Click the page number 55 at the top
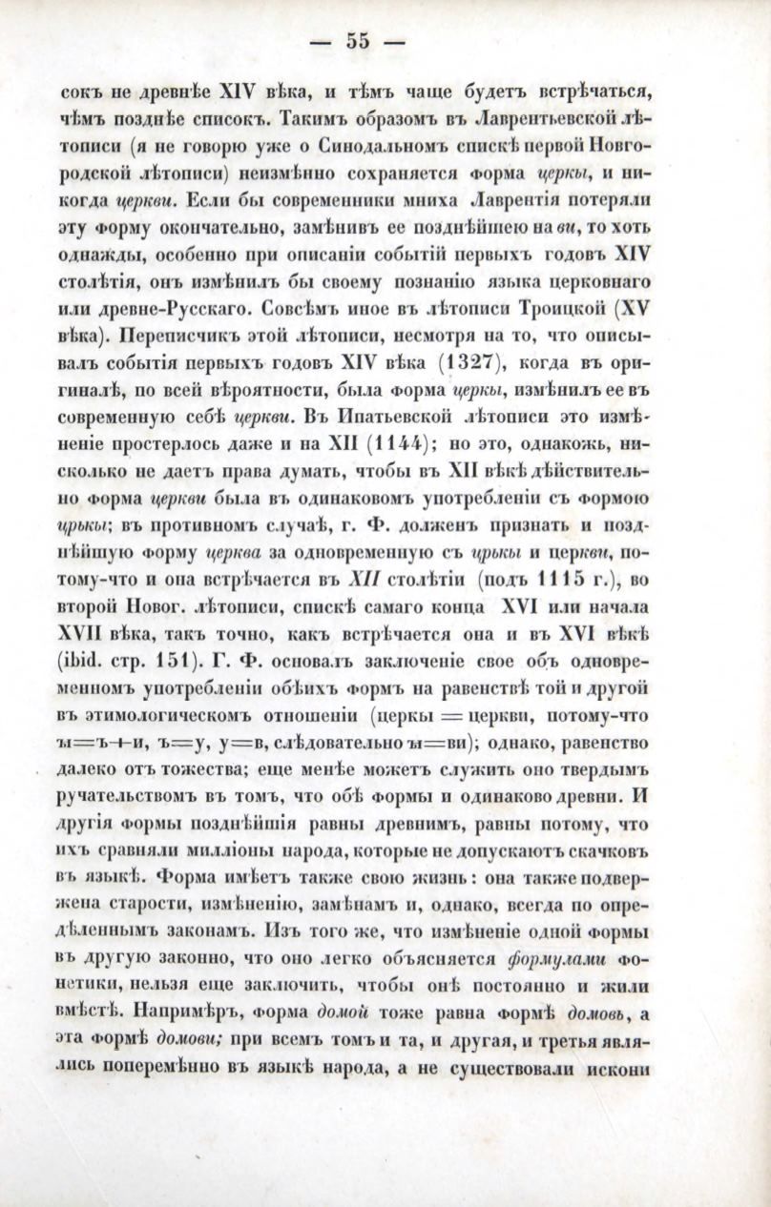(x=358, y=40)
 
